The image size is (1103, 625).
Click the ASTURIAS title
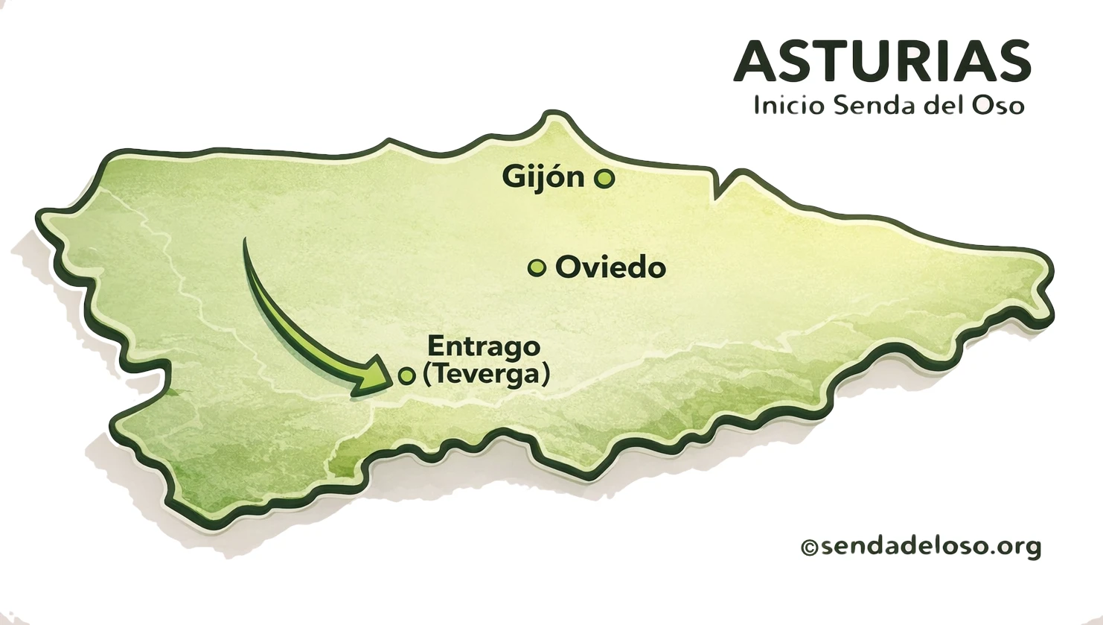click(x=882, y=61)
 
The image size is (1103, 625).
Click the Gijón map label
click(x=543, y=177)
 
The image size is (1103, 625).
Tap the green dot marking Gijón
click(x=604, y=179)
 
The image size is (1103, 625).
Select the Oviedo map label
click(x=610, y=267)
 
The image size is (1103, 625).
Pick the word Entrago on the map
click(x=484, y=346)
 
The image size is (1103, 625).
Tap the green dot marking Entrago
click(x=406, y=376)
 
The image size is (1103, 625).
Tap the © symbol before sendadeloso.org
click(x=809, y=548)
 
